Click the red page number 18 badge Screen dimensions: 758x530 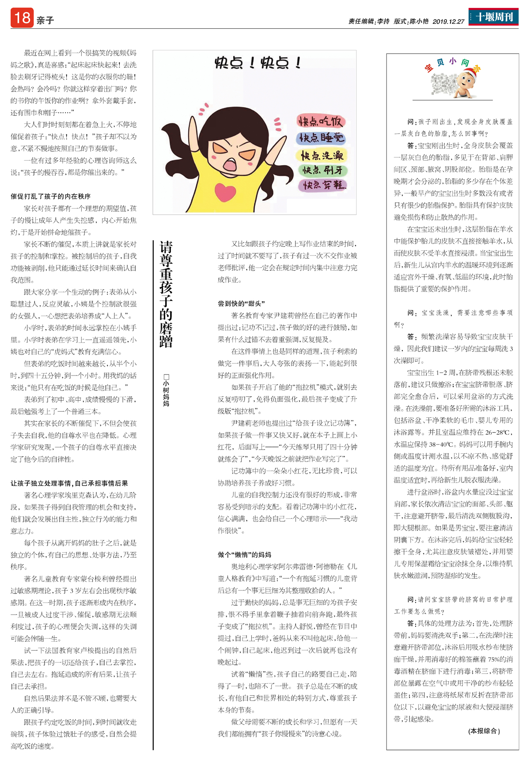22,18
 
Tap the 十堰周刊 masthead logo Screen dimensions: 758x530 493,17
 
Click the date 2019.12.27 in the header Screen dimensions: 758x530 448,21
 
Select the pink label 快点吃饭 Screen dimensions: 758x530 321,121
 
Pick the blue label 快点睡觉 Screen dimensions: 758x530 321,138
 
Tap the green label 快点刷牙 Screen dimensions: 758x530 323,170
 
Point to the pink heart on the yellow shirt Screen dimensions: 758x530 225,191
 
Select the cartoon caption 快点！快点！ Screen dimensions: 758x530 258,63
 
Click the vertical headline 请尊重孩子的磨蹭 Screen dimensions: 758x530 166,294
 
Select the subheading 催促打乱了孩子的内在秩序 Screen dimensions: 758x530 50,196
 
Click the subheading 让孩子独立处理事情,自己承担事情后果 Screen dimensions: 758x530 69,483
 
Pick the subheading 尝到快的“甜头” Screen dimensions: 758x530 241,303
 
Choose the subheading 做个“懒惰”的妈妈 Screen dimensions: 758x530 244,555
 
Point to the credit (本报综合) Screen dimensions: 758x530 484,731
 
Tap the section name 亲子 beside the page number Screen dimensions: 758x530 45,20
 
